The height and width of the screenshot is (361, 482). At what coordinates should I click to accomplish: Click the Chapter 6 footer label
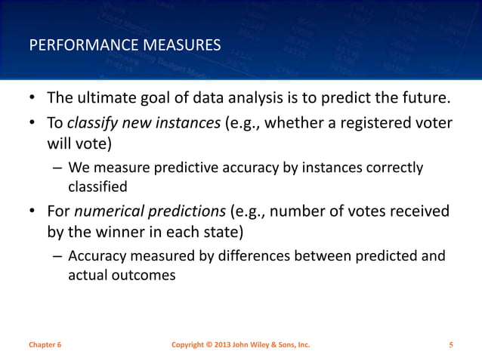(x=45, y=345)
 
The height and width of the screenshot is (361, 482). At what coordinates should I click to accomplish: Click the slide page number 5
(x=450, y=345)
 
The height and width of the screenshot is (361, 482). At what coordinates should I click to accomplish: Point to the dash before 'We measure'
(x=57, y=168)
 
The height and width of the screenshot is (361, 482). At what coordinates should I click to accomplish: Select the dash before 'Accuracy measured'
(x=57, y=257)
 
